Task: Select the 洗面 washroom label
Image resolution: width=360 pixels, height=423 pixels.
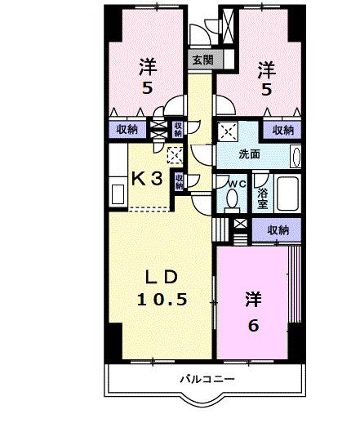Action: click(x=249, y=154)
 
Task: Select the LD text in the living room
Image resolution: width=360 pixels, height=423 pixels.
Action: click(x=160, y=274)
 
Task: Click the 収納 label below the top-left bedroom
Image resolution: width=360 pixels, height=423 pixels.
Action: click(x=126, y=128)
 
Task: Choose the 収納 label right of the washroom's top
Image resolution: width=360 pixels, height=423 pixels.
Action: click(x=283, y=129)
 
